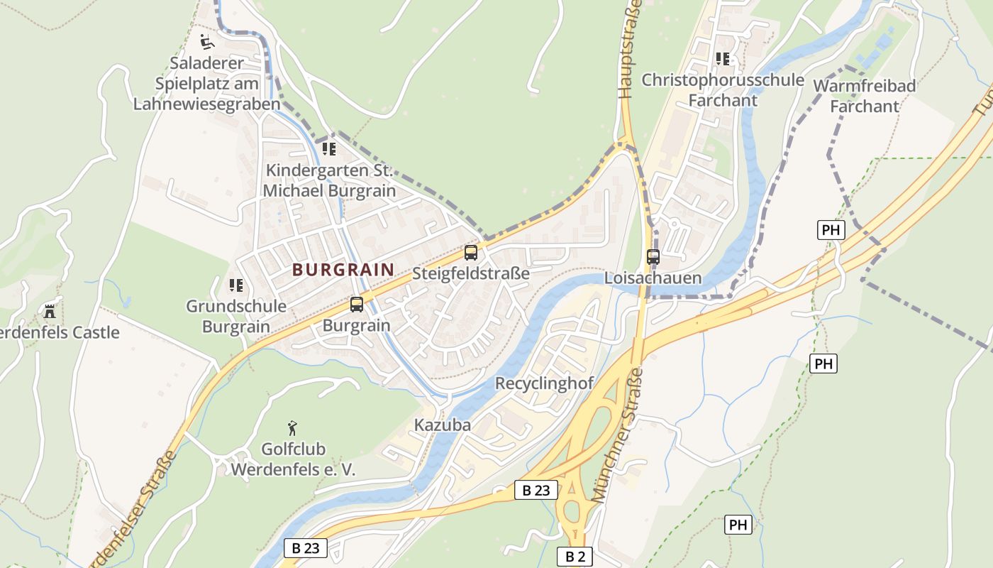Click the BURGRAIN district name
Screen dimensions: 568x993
coord(343,270)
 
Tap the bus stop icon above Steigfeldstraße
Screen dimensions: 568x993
coord(470,253)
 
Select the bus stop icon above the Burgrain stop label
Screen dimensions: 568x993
coord(356,305)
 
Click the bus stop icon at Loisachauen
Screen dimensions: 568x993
coord(653,257)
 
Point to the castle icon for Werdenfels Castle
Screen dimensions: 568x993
coord(49,311)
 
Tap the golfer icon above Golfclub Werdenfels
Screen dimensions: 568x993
coord(292,428)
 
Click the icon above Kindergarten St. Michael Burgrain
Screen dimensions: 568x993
coord(328,149)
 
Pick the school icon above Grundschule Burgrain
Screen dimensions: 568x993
coord(235,285)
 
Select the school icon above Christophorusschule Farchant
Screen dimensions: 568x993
coord(722,59)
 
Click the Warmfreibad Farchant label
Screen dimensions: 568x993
coord(864,96)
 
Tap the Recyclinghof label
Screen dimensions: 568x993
coord(544,383)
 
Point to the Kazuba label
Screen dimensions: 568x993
coord(442,425)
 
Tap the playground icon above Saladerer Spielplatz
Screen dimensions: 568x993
coord(206,42)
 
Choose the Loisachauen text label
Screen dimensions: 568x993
coord(653,278)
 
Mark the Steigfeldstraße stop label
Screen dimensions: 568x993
coord(470,273)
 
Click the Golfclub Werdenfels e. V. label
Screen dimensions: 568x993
coord(293,459)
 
